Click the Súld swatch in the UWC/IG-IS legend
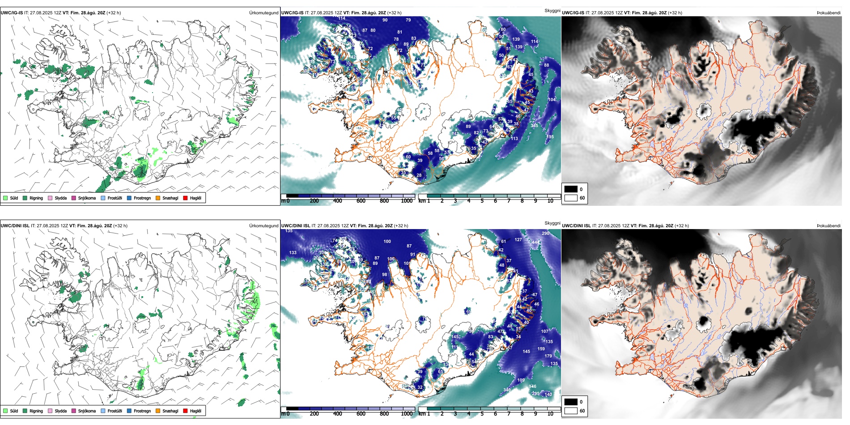(x=5, y=198)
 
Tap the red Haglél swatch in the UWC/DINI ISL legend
(x=185, y=411)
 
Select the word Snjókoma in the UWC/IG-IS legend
(x=87, y=198)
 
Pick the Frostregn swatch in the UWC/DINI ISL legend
(x=129, y=411)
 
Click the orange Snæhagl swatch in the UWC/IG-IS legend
(x=158, y=198)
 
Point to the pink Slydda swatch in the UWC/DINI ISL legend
(x=50, y=411)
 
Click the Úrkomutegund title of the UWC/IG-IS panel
(x=263, y=13)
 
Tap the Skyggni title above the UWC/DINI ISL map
(x=552, y=223)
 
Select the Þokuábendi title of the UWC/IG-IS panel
(x=829, y=13)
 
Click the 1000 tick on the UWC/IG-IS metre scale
(x=407, y=201)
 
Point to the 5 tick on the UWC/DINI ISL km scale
(x=482, y=414)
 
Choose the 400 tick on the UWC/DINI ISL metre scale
(x=337, y=414)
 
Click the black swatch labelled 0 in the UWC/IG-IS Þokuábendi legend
(x=571, y=189)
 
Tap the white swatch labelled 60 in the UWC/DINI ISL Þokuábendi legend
(x=571, y=411)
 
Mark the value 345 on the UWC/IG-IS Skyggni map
(x=534, y=126)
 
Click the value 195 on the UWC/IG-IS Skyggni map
(x=550, y=137)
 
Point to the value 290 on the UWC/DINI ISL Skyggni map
(x=545, y=234)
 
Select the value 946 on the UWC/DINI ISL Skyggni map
(x=532, y=387)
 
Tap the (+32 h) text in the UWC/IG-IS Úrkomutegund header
(x=114, y=13)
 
